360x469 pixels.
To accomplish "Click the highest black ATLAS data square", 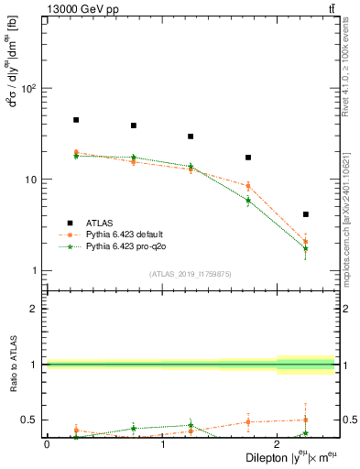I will click(76, 120).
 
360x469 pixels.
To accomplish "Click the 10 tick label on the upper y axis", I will click(29, 180).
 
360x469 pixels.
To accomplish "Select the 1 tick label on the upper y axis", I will click(32, 270).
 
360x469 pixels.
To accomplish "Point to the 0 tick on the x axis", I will click(47, 445).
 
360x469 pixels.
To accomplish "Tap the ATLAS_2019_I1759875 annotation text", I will click(191, 274).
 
